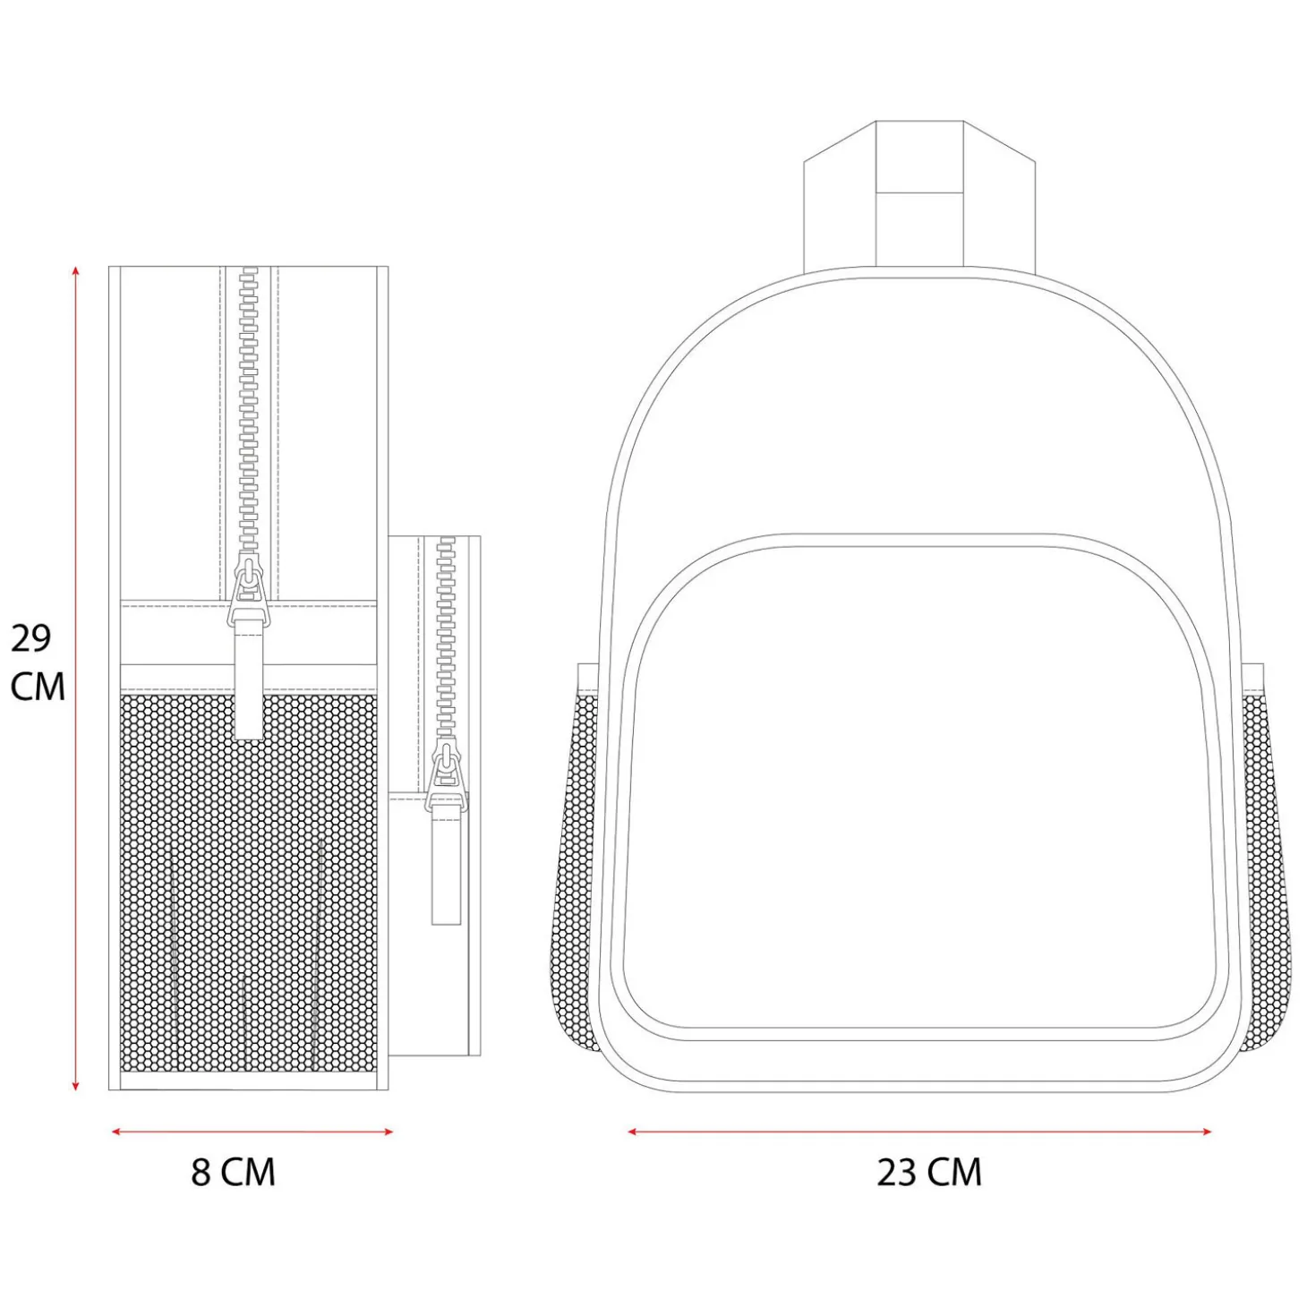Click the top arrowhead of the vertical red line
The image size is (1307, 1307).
click(76, 270)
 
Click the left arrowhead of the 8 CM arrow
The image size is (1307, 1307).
click(116, 1132)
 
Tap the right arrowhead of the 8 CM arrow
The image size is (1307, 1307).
click(388, 1132)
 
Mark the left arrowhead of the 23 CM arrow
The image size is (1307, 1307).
click(634, 1132)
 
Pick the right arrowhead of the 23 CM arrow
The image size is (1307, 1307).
click(1205, 1132)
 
